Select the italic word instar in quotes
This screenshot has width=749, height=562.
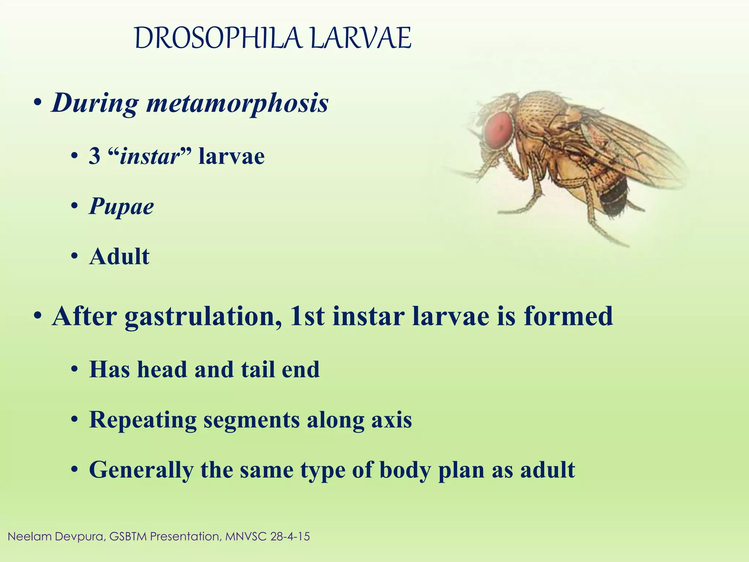click(x=150, y=157)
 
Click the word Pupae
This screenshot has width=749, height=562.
click(x=121, y=207)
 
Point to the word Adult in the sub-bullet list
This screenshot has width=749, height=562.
click(x=119, y=256)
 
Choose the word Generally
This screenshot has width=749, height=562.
click(x=141, y=470)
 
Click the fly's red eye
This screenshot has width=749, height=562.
click(x=498, y=128)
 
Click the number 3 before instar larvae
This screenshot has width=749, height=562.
click(x=94, y=157)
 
